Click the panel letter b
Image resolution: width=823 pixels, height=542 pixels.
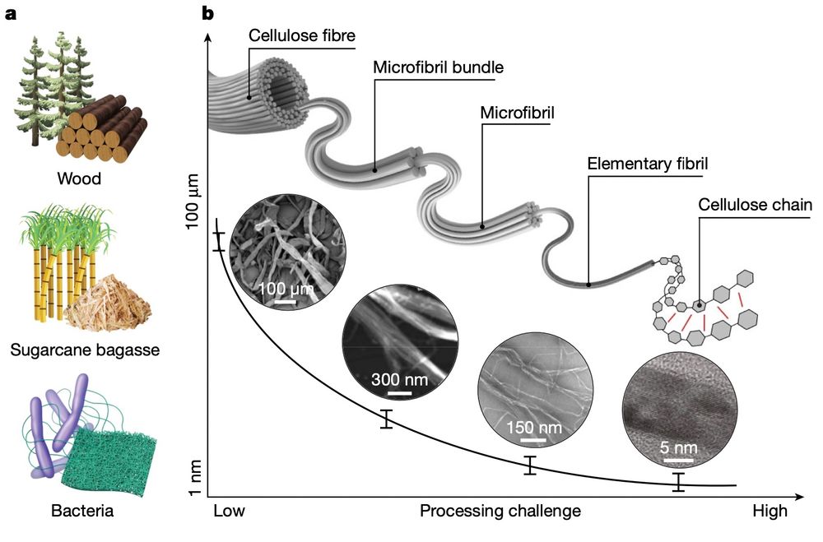click(209, 13)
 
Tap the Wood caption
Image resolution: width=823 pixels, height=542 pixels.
click(79, 178)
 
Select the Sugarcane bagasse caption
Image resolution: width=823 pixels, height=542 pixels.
click(85, 350)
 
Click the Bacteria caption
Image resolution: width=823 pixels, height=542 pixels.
click(82, 512)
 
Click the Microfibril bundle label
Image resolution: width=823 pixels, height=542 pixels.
click(438, 67)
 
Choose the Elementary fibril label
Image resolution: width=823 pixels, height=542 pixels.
click(648, 164)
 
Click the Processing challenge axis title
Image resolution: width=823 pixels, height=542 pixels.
click(500, 511)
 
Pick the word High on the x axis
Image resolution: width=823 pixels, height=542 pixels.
click(770, 511)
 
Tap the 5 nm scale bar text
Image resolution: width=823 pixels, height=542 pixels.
click(679, 448)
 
